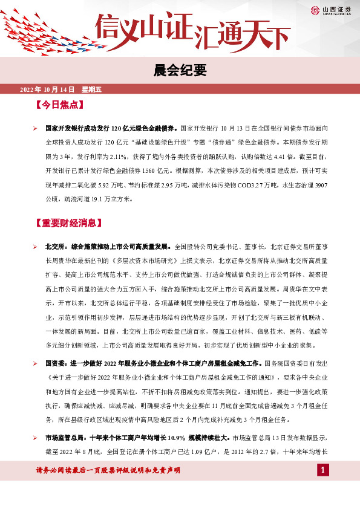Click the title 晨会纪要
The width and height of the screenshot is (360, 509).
(x=180, y=71)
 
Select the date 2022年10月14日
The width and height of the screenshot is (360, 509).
(x=45, y=90)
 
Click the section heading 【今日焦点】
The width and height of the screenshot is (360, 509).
(x=59, y=104)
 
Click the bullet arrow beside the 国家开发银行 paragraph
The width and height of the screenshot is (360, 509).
(x=36, y=129)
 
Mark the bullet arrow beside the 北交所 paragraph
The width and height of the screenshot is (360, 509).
(x=36, y=247)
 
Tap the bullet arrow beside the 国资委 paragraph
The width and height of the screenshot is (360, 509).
(x=36, y=365)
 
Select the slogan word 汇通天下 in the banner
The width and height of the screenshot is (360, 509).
(x=241, y=36)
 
